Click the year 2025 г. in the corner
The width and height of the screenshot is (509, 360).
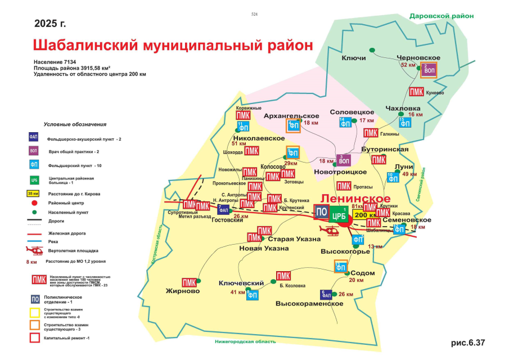[50, 24]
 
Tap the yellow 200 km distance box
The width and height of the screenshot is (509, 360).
[365, 215]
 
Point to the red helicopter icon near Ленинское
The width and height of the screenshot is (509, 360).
[328, 231]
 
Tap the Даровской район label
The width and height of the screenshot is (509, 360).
[441, 16]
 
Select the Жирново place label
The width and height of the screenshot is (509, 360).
[183, 291]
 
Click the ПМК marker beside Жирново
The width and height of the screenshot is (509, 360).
[190, 281]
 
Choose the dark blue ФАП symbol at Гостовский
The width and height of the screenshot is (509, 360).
[223, 210]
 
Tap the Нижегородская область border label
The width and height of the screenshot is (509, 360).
[246, 341]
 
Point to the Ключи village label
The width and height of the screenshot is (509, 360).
[354, 58]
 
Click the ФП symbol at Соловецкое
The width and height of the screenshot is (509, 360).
[346, 122]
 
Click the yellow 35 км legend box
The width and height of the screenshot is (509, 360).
[33, 193]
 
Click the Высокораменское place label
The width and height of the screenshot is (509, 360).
[309, 304]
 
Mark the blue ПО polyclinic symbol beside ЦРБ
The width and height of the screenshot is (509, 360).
[321, 213]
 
